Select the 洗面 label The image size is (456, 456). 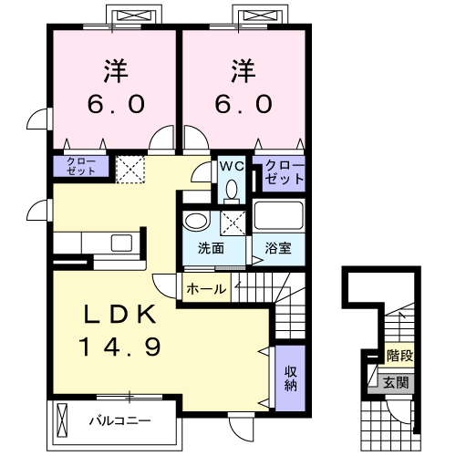(x=211, y=248)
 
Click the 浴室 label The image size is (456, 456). (x=278, y=248)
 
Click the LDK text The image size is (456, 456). (x=121, y=316)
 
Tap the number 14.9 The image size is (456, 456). (x=121, y=347)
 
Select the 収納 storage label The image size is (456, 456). (x=290, y=378)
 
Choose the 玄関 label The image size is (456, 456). (x=396, y=380)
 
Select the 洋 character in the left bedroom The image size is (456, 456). (x=113, y=68)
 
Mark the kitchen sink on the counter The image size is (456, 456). (x=122, y=243)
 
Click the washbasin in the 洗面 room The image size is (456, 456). (x=195, y=221)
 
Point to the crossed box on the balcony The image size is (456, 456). (x=62, y=420)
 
